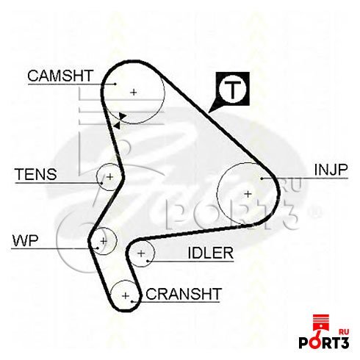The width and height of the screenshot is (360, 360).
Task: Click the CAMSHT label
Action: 60,76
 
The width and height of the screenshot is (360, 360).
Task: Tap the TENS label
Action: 36,174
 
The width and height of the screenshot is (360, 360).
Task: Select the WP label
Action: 26,240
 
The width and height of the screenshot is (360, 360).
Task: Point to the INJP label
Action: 331,170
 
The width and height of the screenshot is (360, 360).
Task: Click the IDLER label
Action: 211,253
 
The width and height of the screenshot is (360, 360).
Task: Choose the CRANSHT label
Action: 184,294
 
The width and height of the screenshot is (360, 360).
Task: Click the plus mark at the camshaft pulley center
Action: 134,93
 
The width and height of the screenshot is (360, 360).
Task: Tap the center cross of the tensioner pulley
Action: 110,176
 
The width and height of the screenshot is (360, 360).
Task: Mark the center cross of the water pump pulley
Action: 104,241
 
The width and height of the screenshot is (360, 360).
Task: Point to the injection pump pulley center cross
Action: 248,194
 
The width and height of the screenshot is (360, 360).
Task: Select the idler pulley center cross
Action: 141,253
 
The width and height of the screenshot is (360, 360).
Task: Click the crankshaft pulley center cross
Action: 126,295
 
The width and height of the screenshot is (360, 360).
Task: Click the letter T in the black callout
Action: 232,90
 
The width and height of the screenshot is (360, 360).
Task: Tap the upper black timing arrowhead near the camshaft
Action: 123,116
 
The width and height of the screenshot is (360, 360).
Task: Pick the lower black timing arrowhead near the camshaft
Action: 117,126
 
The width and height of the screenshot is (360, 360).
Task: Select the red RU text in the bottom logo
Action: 344,332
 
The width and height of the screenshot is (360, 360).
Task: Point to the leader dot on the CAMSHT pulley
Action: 115,84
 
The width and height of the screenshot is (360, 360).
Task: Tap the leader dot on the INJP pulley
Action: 262,179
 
